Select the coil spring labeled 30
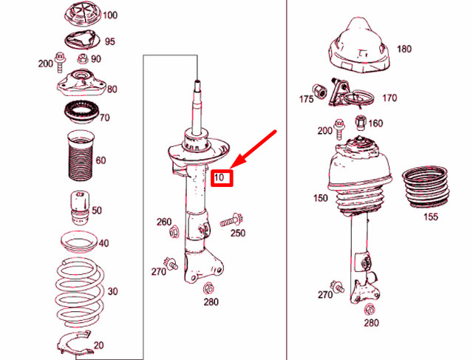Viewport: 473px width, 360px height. pos(77,291)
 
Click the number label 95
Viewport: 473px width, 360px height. pos(109,41)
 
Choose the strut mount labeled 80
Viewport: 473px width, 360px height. pos(78,86)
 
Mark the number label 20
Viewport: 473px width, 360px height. pos(98,345)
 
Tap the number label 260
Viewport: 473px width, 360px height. pos(163,222)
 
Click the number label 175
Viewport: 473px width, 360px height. pos(306,98)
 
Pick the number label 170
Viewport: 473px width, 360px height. pos(389,97)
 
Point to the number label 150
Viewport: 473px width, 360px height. pos(321,198)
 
